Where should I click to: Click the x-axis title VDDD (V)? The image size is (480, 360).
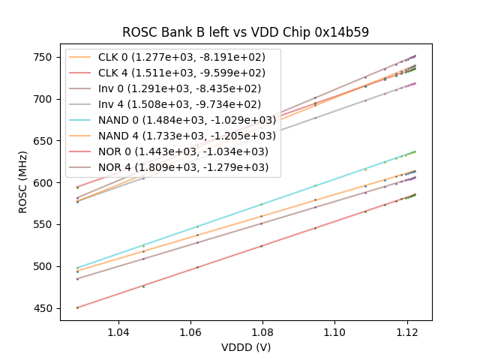[x=246, y=347]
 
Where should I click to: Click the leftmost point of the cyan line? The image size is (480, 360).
[x=77, y=268]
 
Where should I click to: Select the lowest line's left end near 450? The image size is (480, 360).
[x=77, y=307]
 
